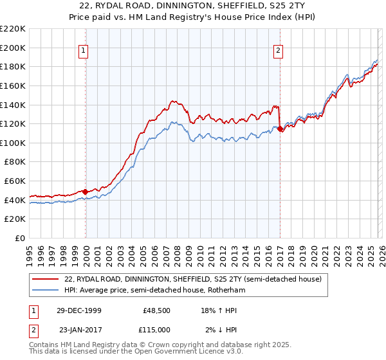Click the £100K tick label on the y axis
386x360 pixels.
tap(13, 143)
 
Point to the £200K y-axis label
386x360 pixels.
tap(13, 48)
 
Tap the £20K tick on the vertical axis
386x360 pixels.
tap(15, 219)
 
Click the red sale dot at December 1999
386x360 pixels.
tap(86, 192)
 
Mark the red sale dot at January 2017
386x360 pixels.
tap(280, 129)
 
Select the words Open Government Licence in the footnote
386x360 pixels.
tap(183, 352)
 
